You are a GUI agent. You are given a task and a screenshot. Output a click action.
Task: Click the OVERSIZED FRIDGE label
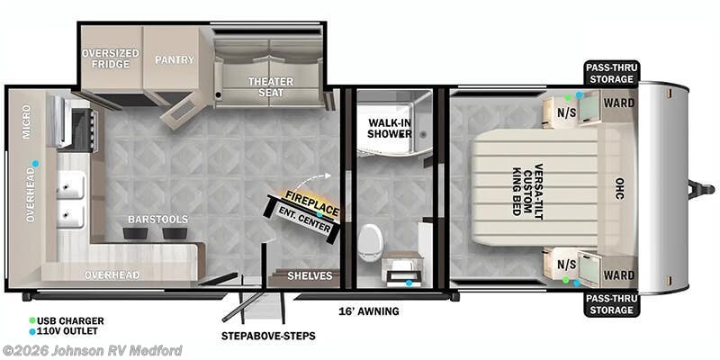(x=111, y=59)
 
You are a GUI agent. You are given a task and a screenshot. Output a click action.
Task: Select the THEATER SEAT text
(x=271, y=88)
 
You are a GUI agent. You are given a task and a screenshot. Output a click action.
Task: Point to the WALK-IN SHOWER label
(x=389, y=128)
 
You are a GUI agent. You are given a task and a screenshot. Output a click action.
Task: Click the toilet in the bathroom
(x=369, y=240)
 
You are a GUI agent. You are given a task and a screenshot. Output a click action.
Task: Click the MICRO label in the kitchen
(x=28, y=121)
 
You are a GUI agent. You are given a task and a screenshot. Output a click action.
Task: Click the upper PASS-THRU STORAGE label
(x=610, y=72)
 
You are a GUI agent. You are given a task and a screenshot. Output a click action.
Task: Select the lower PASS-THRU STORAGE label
(x=610, y=304)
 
